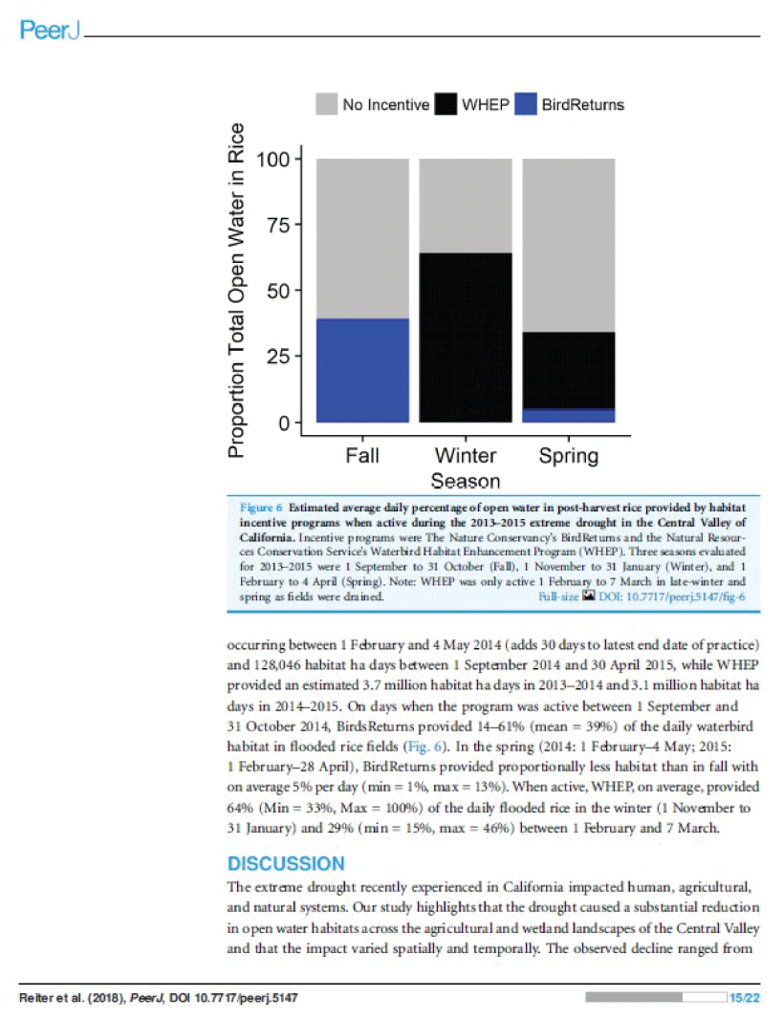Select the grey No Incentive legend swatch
pyautogui.click(x=327, y=104)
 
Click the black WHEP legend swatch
pyautogui.click(x=446, y=104)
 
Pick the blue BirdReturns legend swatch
pyautogui.click(x=526, y=104)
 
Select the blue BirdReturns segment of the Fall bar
pyautogui.click(x=362, y=370)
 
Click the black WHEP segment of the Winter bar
pyautogui.click(x=466, y=337)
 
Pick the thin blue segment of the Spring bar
pyautogui.click(x=569, y=416)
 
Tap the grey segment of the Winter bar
pyautogui.click(x=466, y=206)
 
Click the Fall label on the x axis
pyautogui.click(x=362, y=455)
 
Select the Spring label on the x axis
pyautogui.click(x=569, y=455)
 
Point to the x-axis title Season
pyautogui.click(x=466, y=480)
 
